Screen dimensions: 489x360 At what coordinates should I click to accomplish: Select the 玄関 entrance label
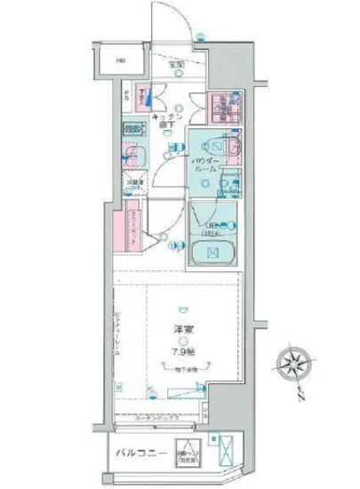click(174, 65)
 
